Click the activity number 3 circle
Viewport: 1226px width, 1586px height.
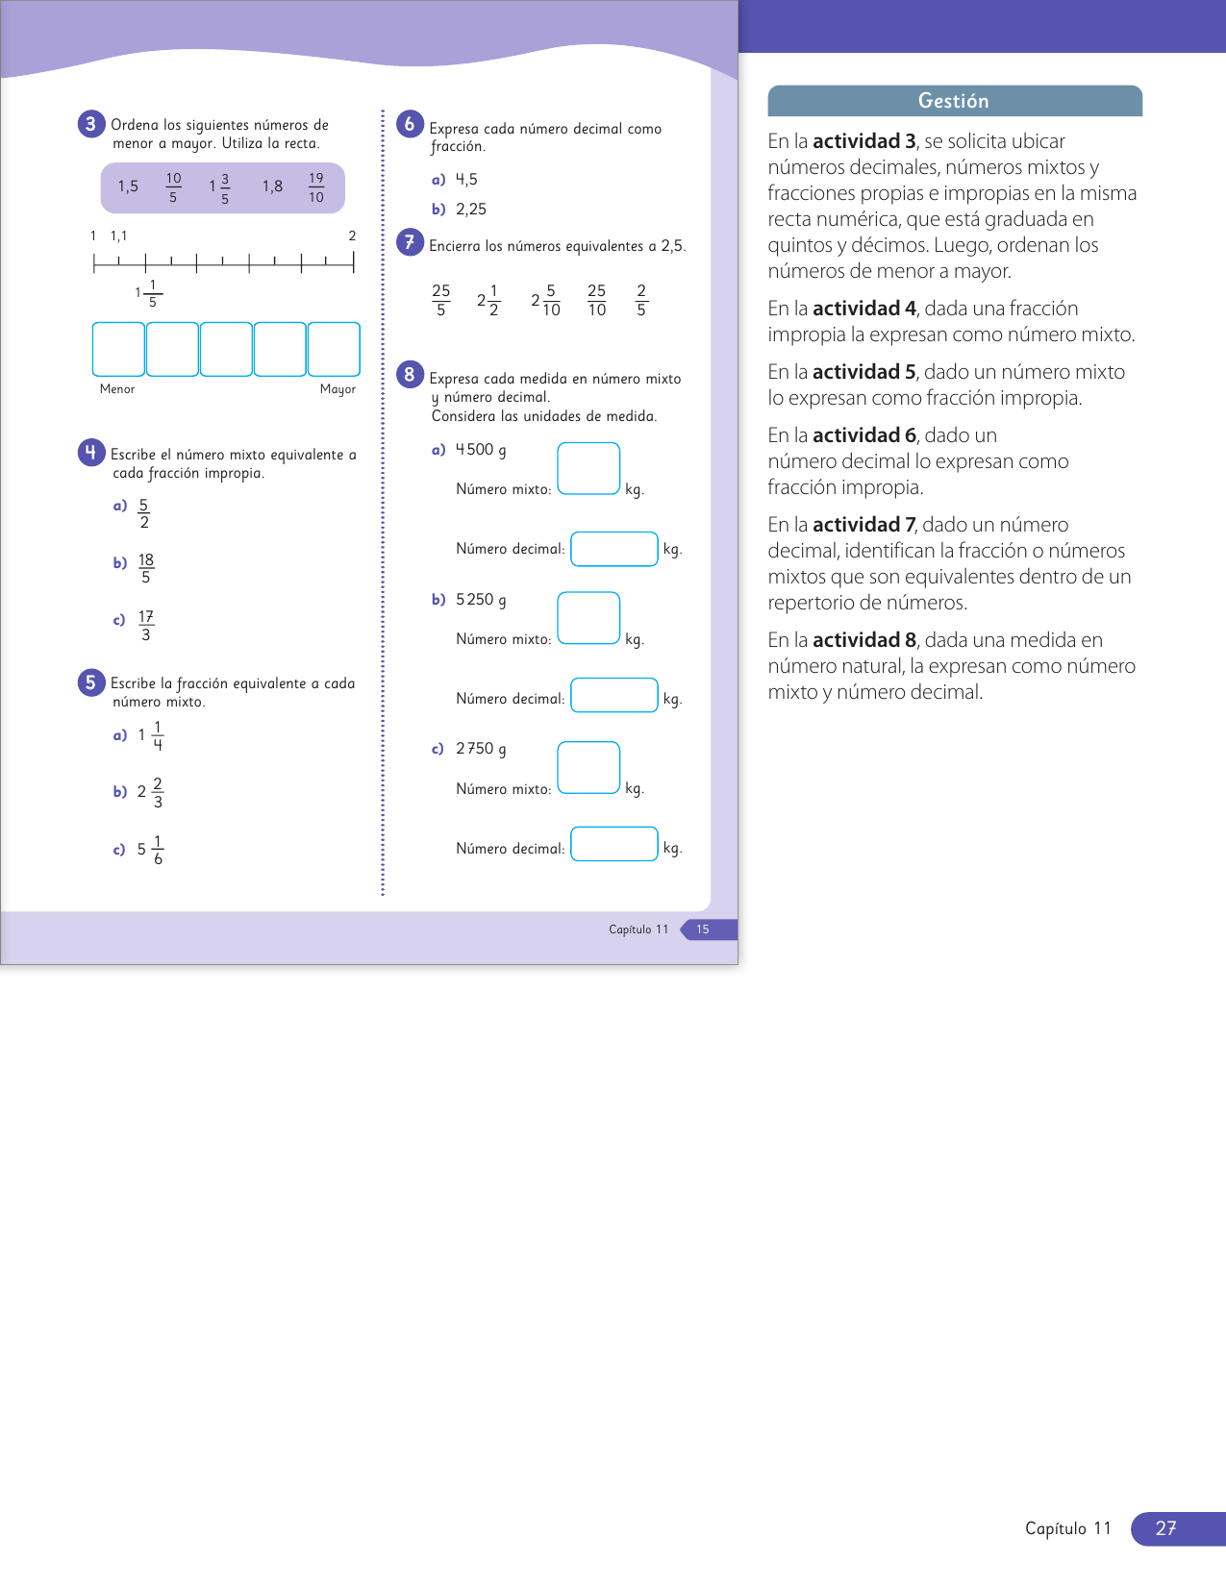pos(90,124)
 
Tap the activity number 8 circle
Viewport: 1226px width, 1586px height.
pos(410,374)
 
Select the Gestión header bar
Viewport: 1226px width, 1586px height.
pos(954,101)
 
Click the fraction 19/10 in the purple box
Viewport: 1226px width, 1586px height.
pos(316,187)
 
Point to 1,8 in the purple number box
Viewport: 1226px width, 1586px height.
pos(272,186)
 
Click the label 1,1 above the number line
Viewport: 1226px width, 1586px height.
pos(118,235)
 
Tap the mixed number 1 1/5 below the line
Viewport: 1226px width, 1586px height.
pos(149,293)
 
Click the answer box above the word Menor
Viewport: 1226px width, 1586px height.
pos(118,349)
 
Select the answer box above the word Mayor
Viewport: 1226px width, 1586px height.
pos(334,349)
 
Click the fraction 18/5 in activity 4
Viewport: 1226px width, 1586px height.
pos(146,568)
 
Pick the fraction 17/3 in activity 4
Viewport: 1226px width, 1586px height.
pos(146,625)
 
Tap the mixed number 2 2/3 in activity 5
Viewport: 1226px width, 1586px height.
pos(151,792)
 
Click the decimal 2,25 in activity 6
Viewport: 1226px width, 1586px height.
pos(471,210)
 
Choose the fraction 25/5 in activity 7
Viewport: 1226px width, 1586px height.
pos(440,300)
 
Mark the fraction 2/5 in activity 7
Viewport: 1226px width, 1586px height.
pos(641,300)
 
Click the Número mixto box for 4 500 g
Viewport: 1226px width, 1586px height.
pos(588,468)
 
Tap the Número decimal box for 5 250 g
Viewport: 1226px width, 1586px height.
pos(614,695)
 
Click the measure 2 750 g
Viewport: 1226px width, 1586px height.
pos(481,749)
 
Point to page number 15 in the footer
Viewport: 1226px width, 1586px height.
pos(703,929)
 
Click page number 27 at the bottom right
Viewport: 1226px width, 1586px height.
pos(1165,1528)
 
